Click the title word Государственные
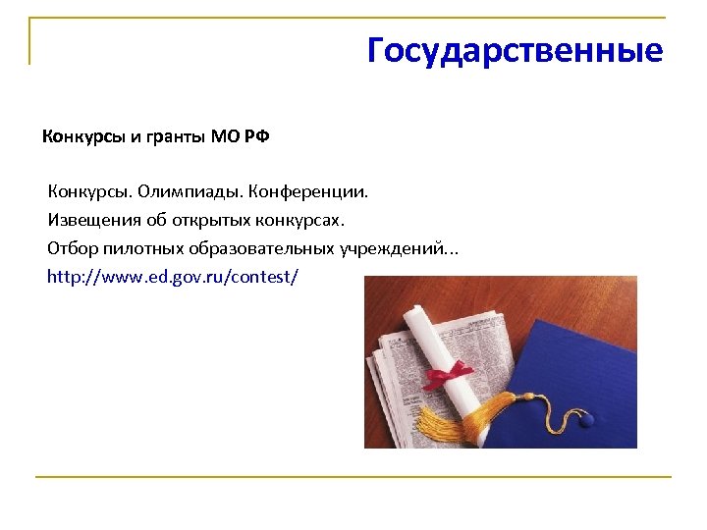pyautogui.click(x=515, y=50)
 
